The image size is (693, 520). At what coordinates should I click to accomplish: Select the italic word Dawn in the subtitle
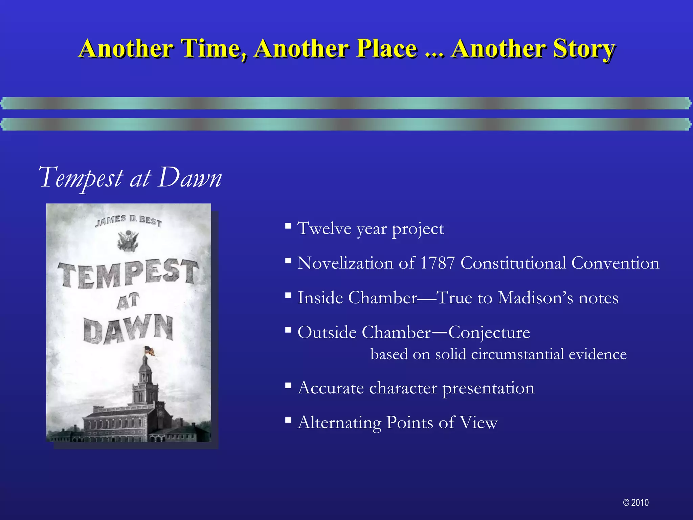(x=189, y=178)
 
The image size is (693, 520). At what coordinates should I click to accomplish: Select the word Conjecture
(x=489, y=332)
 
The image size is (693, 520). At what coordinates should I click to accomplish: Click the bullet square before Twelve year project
(x=288, y=225)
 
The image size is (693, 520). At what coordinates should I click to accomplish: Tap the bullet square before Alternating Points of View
(x=288, y=420)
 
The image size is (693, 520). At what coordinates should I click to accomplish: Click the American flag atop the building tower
(x=150, y=351)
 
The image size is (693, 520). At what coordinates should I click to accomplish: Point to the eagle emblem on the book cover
(x=128, y=240)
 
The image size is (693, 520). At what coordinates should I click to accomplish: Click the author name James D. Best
(x=128, y=221)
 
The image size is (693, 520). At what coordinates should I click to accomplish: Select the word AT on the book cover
(x=128, y=301)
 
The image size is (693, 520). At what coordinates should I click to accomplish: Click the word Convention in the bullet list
(x=615, y=263)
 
